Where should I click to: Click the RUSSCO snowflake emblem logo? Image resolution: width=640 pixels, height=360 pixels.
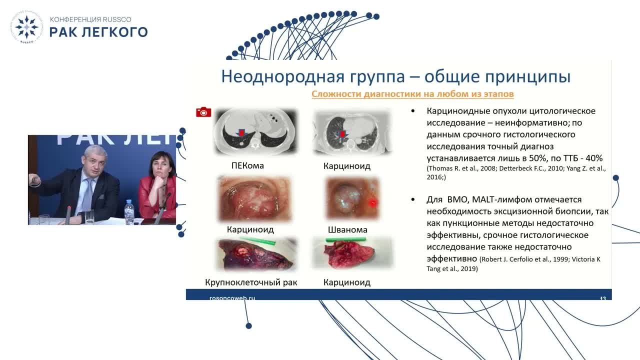(x=26, y=27)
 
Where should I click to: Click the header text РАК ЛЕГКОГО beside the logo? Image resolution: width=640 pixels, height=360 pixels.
(x=98, y=32)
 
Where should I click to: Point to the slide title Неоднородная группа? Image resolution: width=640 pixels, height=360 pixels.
(x=395, y=77)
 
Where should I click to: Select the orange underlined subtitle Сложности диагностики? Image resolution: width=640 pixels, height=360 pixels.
(x=412, y=94)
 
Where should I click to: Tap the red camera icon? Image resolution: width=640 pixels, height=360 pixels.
(x=203, y=112)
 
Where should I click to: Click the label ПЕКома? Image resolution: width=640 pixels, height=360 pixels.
(x=247, y=165)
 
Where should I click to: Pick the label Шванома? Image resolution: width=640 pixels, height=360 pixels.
(x=347, y=230)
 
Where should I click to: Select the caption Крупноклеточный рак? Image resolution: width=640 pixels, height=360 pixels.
(x=251, y=282)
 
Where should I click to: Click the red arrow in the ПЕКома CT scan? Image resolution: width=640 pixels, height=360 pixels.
(x=242, y=133)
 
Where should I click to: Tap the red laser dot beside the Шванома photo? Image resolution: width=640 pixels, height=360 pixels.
(x=371, y=203)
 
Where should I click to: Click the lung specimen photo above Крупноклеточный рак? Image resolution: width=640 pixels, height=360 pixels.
(x=255, y=254)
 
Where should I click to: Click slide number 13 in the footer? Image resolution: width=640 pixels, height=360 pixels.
(x=602, y=298)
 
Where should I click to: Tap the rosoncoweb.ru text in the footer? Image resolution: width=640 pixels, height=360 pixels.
(x=232, y=298)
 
